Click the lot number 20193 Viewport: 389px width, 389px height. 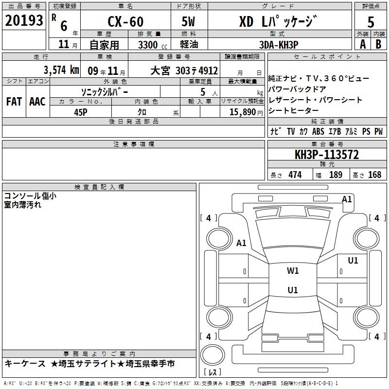(x=24, y=20)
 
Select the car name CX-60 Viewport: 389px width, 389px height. (x=125, y=21)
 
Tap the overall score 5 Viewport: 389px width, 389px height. (x=371, y=22)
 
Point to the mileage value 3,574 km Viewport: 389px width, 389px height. (x=61, y=70)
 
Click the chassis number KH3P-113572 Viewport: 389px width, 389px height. (x=327, y=155)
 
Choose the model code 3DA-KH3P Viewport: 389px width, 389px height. (x=279, y=45)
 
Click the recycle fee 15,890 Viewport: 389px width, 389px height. (x=243, y=112)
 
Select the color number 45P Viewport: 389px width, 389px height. (x=81, y=112)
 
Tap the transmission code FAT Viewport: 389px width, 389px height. (x=14, y=102)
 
